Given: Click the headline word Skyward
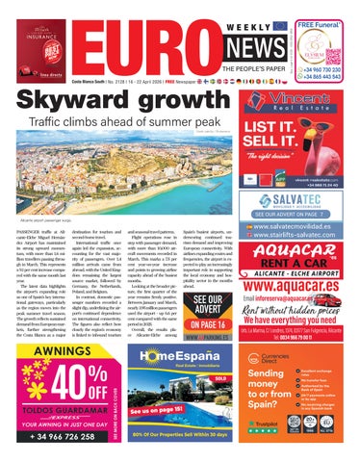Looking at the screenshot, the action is pyautogui.click(x=65, y=103).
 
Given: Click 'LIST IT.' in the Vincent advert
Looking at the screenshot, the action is pyautogui.click(x=285, y=130).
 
